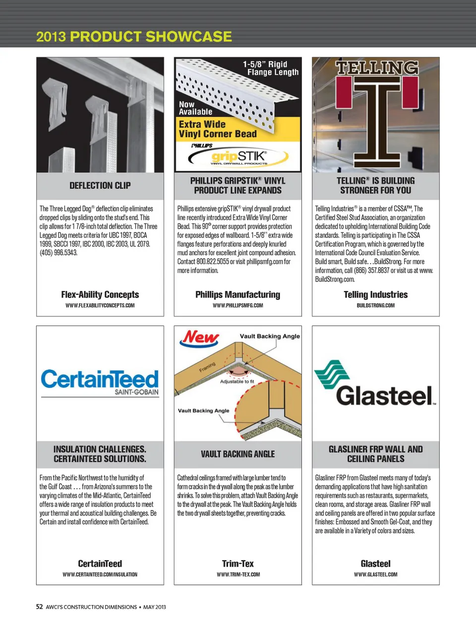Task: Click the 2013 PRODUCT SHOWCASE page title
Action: click(x=134, y=37)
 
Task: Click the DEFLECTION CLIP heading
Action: click(x=100, y=185)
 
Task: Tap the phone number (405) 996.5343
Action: click(x=59, y=253)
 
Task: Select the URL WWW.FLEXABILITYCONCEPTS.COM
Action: click(x=100, y=305)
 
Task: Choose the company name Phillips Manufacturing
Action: click(x=238, y=294)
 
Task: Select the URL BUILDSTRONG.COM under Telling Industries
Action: click(x=376, y=305)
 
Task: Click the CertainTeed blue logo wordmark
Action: click(x=100, y=379)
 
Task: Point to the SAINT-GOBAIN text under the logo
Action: click(x=136, y=392)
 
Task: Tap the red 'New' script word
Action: click(x=201, y=338)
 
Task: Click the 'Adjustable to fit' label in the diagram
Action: click(x=237, y=382)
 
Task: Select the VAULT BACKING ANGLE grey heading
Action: click(x=238, y=454)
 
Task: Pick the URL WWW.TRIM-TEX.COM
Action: click(x=238, y=574)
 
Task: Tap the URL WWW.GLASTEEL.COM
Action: click(x=375, y=574)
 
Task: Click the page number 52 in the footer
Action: click(x=40, y=607)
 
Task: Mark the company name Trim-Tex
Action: click(x=238, y=564)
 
